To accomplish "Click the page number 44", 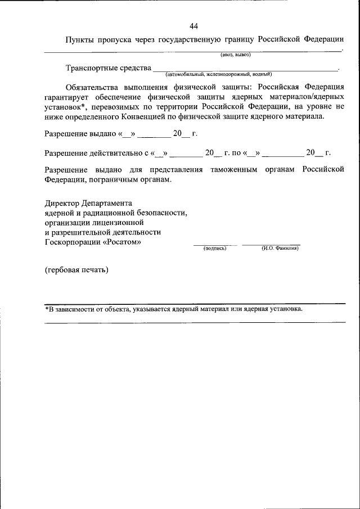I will (x=194, y=26).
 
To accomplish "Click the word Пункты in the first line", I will (x=81, y=40).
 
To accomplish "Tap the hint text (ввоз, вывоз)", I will (x=235, y=55).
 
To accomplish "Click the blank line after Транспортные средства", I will (x=245, y=69).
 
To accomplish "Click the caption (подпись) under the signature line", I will (x=215, y=248).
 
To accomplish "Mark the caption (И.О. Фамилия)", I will (x=280, y=248).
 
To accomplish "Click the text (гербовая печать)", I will (x=76, y=269).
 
